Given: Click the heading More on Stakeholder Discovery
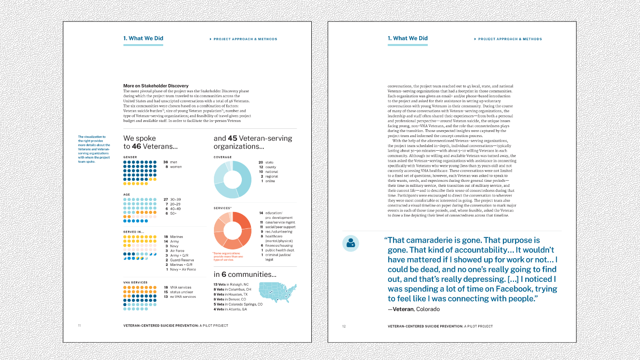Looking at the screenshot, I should [156, 86].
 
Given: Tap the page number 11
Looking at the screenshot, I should [79, 326].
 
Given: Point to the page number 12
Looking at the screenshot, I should [344, 326].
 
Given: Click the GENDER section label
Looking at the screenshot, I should [130, 157].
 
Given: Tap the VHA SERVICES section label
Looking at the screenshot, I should [135, 282].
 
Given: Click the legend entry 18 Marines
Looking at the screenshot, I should [173, 237].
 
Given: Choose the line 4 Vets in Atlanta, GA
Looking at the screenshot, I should [230, 309].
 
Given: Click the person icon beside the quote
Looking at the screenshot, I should [351, 243].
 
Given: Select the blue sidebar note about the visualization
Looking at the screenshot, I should [94, 149].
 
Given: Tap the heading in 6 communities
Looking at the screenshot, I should [245, 275].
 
